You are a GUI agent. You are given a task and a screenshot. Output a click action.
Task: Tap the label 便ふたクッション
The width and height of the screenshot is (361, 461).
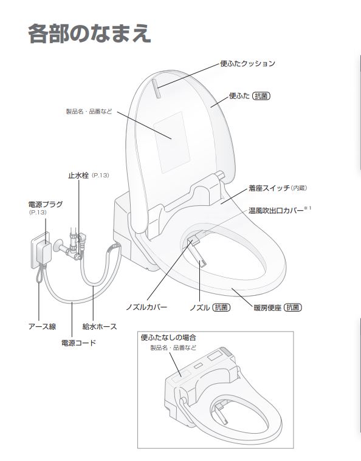coord(248,63)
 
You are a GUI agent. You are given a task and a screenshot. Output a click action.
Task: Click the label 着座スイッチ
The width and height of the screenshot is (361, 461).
coord(268,189)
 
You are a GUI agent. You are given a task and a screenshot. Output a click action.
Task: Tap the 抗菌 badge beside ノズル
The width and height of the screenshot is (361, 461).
coord(222,307)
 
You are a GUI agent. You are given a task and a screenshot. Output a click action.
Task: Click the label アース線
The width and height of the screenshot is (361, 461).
coord(43,326)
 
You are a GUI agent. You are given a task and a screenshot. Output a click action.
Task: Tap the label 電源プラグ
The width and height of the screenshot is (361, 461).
coord(45,205)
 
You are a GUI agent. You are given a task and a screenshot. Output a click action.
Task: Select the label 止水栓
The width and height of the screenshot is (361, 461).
coord(78,175)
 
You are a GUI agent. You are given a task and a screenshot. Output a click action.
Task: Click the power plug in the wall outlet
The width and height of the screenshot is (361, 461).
coord(44,250)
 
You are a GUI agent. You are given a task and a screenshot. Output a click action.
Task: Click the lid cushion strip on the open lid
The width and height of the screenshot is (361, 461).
coord(157,89)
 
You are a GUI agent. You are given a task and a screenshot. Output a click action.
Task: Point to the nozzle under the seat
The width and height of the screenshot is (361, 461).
coord(200,261)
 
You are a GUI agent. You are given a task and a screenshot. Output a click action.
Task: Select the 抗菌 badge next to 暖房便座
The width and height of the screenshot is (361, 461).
coord(294,307)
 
